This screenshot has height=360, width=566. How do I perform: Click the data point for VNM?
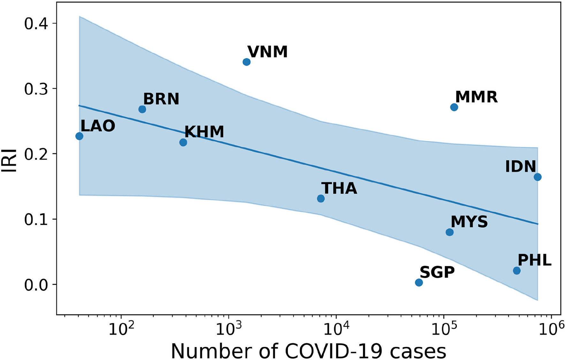click(246, 62)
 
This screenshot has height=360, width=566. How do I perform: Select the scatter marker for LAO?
click(79, 136)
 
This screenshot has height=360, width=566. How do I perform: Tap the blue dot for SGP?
click(419, 282)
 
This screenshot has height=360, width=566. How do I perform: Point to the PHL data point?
click(516, 271)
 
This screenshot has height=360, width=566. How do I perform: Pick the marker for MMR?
click(454, 107)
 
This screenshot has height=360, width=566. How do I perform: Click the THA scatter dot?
click(321, 199)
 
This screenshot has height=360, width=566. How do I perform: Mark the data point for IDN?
click(538, 177)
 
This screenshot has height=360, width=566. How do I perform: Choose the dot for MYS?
click(449, 232)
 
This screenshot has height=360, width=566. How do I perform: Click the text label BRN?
click(161, 99)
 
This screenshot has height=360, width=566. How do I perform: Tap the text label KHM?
click(204, 132)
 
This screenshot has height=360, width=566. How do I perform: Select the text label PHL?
click(534, 260)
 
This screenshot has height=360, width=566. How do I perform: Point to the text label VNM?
click(268, 52)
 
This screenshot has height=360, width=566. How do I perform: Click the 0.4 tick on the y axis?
click(36, 24)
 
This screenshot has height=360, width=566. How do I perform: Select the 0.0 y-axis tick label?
click(36, 285)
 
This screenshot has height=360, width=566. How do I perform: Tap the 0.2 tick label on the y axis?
click(36, 154)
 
